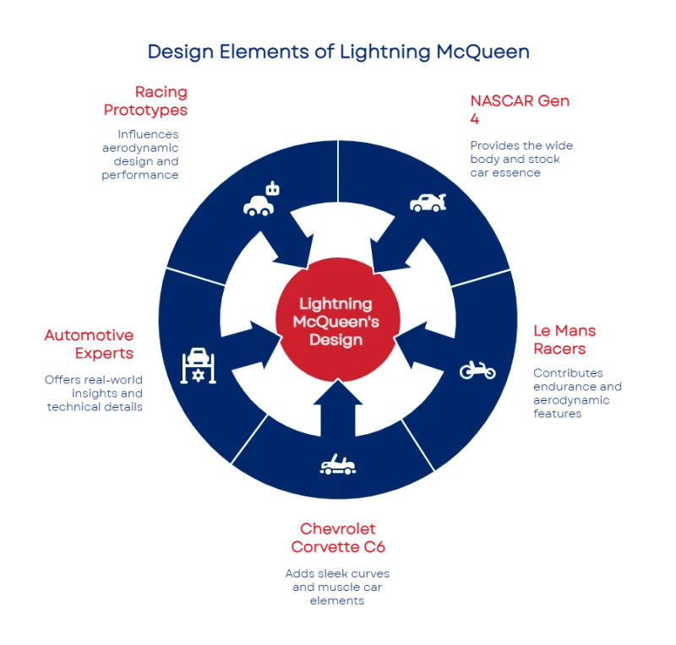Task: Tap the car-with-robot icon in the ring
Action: point(260,201)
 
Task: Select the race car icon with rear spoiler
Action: point(428,201)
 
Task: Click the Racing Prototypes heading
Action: point(156,100)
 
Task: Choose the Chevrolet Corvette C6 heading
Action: point(338,538)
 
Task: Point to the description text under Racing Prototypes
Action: point(149,154)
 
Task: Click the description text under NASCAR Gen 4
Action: point(521,159)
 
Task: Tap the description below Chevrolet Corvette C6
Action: point(338,587)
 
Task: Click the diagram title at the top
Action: point(338,52)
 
